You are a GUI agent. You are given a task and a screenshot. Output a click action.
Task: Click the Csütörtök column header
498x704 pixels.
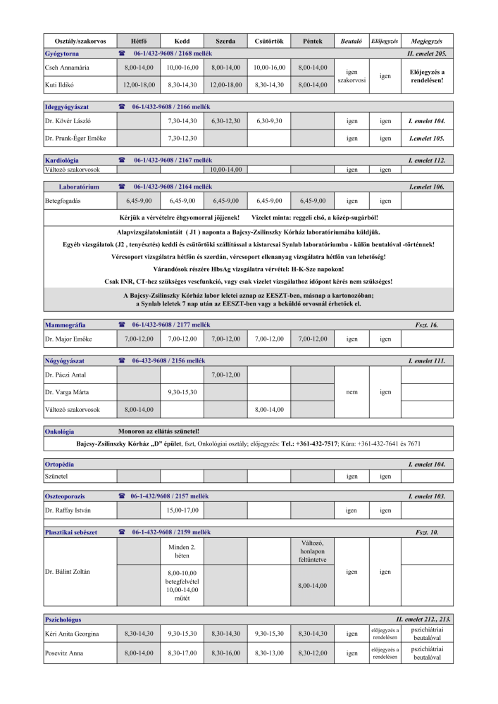point(269,41)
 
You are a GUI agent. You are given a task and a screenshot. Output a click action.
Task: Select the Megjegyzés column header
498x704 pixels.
point(426,41)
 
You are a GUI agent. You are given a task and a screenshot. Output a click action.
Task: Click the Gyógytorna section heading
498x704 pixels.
point(62,54)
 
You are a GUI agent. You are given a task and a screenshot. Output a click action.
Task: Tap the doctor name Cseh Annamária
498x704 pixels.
point(63,68)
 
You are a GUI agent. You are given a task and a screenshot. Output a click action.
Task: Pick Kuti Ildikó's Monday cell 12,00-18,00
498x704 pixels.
point(139,84)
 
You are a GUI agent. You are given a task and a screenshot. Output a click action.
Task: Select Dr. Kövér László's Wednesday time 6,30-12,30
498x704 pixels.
point(225,121)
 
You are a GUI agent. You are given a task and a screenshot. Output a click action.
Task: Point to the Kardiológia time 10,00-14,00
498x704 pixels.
point(225,170)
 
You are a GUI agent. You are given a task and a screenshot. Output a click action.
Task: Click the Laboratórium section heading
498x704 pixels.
point(78,187)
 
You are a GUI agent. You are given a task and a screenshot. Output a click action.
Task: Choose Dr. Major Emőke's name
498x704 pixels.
point(68,339)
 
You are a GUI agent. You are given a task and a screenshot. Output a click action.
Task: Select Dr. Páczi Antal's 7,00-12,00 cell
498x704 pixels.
point(225,375)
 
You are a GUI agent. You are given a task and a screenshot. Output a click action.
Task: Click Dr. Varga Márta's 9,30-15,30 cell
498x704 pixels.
point(182,391)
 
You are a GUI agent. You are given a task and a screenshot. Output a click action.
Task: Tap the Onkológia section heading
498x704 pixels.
point(59,431)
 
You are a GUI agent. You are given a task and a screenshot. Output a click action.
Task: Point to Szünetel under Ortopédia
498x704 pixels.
point(56,477)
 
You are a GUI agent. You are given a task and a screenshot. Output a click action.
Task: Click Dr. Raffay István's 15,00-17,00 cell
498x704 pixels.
point(182,509)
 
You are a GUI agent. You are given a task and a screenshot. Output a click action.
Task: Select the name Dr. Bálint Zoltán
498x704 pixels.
point(68,571)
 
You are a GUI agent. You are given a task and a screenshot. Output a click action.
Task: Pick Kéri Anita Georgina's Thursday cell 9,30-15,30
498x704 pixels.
point(269,634)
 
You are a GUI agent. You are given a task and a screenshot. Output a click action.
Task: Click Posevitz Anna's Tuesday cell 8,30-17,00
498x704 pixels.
point(182,653)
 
